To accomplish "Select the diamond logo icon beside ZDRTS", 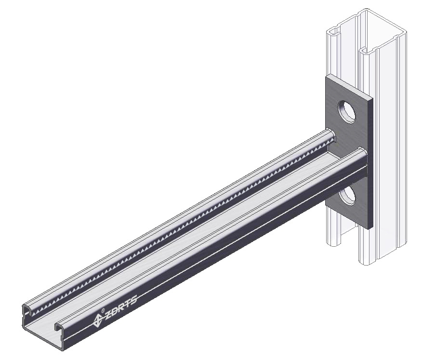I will [x=98, y=318].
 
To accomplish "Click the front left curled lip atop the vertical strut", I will [x=332, y=34].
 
